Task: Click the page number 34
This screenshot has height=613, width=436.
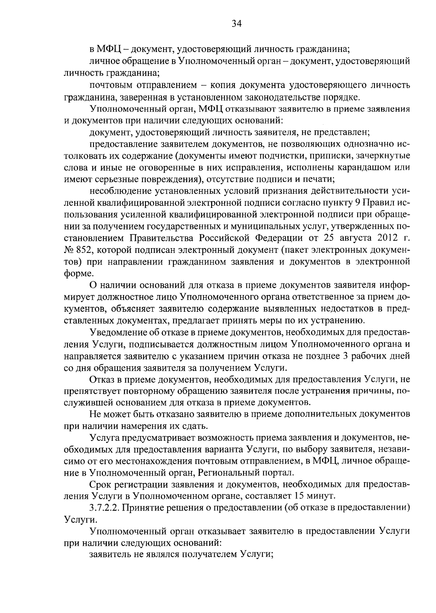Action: (x=236, y=24)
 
